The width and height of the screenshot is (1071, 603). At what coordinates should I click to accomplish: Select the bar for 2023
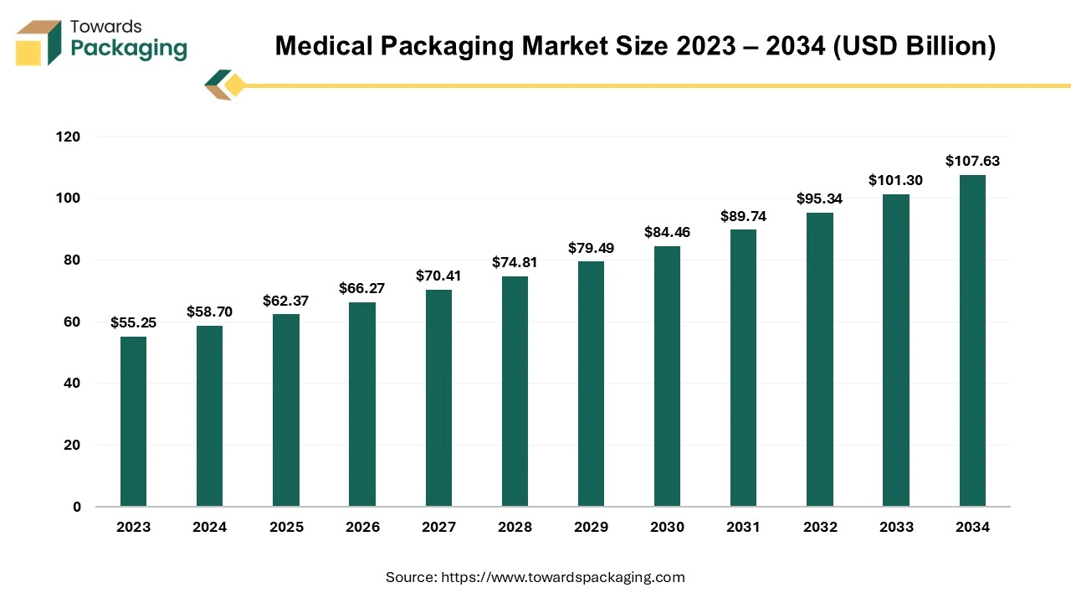tap(133, 421)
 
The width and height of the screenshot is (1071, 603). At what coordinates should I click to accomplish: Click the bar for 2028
tap(515, 391)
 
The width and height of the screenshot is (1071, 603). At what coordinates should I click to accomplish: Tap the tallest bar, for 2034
tap(972, 340)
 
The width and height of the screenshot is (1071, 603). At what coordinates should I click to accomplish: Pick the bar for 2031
tap(743, 368)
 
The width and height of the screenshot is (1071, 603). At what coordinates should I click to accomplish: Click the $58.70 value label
tap(209, 312)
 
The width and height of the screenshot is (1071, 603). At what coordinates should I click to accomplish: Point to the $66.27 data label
tap(361, 288)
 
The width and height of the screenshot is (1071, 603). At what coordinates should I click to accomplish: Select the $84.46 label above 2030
tap(667, 232)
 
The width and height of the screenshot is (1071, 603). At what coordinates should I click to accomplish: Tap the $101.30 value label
tap(895, 180)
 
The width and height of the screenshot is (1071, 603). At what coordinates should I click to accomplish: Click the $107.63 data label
tap(972, 161)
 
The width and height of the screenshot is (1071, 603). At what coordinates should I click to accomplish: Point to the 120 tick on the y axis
tap(69, 137)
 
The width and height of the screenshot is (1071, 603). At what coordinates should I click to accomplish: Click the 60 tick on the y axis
tap(73, 322)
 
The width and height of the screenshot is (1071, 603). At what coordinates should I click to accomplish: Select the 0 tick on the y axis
tap(77, 507)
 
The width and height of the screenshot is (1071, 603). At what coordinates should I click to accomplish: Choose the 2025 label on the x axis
tap(285, 527)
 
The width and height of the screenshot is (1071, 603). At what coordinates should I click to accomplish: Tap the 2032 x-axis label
tap(819, 527)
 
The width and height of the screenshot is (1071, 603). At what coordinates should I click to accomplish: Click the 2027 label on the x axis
tap(438, 527)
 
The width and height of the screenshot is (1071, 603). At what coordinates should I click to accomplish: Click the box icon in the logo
tap(38, 43)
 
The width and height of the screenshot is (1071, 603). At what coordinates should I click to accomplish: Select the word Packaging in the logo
tap(129, 49)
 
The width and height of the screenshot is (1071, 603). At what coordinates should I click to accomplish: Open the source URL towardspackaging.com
tap(562, 577)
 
